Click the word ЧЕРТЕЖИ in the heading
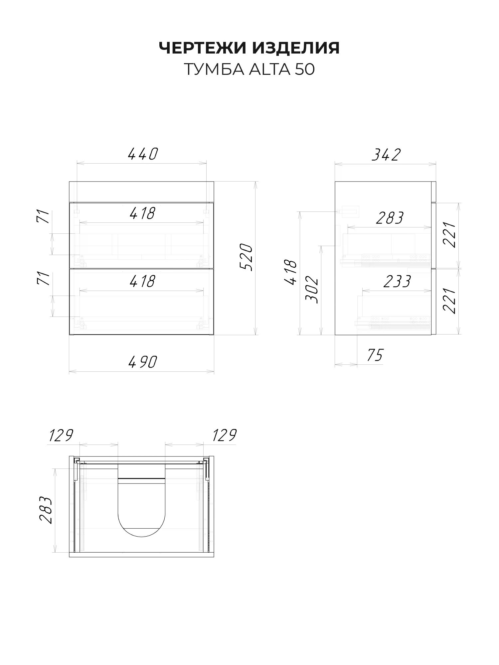coord(203,48)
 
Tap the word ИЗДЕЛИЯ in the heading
coord(296,48)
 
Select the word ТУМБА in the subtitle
coord(212,69)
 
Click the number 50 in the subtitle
coord(304,69)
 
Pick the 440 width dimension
coord(142,154)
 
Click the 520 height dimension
coord(247,257)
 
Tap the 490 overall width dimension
coord(142,362)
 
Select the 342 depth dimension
coord(386,155)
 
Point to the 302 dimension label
coord(312,289)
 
